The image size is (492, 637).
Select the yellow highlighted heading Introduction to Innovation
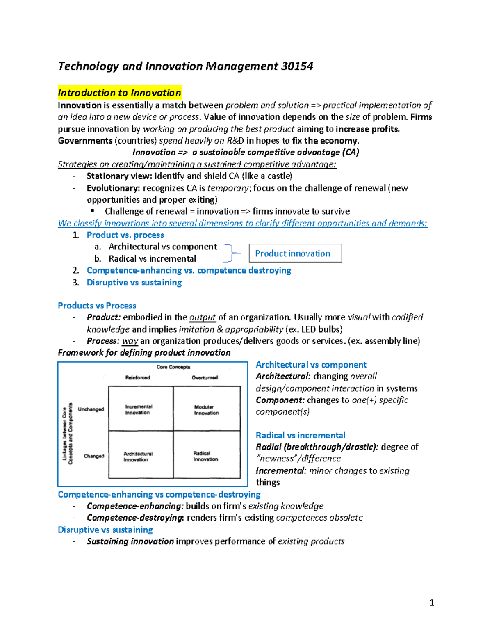pos(119,93)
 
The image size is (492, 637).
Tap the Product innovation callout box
pos(295,253)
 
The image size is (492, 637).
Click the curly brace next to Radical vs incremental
pos(232,253)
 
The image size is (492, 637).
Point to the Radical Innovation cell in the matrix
pos(205,456)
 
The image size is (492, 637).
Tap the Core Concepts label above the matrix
pos(173,367)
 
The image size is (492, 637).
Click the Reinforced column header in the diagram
pos(138,377)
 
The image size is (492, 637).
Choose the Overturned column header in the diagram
pos(205,377)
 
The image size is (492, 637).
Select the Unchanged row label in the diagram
pos(91,409)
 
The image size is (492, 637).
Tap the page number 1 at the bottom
pos(432,603)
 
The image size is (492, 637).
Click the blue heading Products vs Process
pos(97,306)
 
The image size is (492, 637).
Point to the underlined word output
pos(202,317)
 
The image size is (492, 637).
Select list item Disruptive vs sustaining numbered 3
pos(134,283)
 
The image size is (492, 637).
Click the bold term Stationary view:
pos(114,176)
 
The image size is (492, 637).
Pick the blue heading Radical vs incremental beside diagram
pos(300,435)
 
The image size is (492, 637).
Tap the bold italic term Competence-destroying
pos(135,518)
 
